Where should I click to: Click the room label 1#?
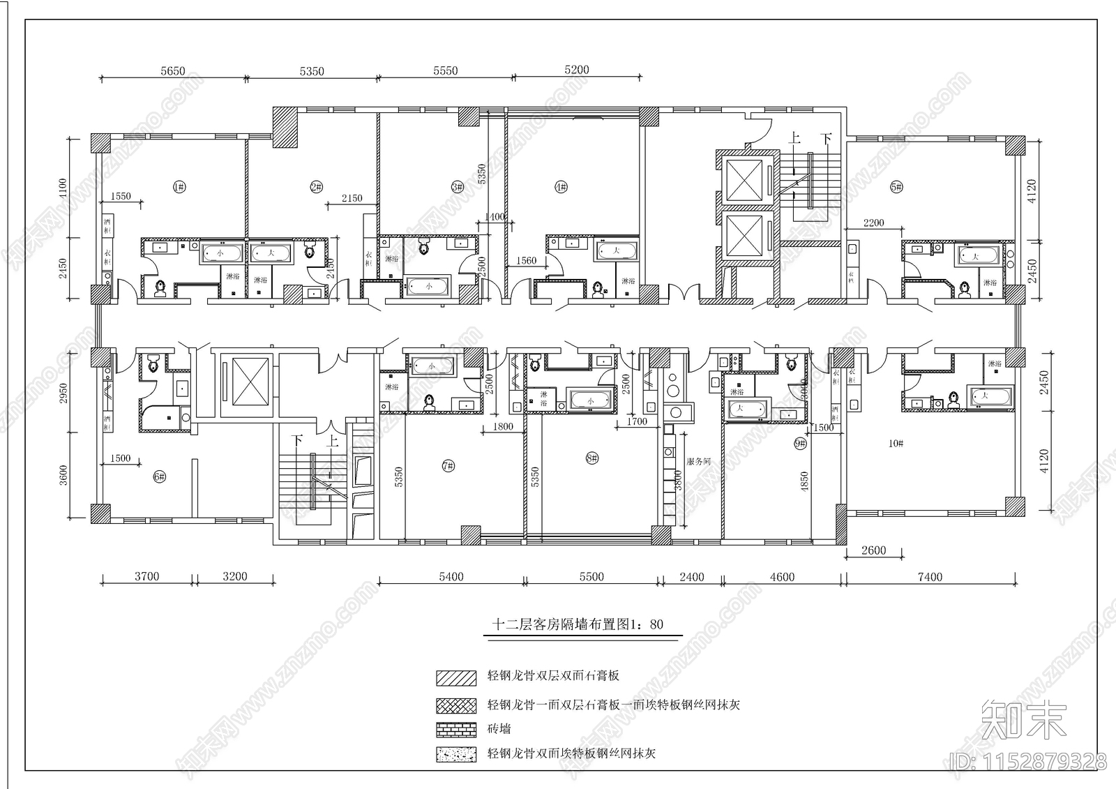click(179, 186)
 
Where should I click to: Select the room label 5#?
click(896, 186)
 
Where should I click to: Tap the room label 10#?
click(896, 443)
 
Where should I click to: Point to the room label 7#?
click(447, 466)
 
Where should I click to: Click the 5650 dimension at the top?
click(172, 70)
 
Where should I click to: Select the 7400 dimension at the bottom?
click(930, 577)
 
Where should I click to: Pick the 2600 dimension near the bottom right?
click(873, 550)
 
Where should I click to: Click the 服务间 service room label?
click(698, 461)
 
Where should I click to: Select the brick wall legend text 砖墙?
click(499, 729)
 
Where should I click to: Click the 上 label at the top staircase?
click(793, 139)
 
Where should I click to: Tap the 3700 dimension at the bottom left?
click(146, 576)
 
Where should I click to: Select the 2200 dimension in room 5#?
click(873, 223)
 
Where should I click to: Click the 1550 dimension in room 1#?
click(121, 197)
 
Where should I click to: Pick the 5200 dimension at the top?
click(576, 70)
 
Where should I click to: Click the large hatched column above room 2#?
click(285, 127)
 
